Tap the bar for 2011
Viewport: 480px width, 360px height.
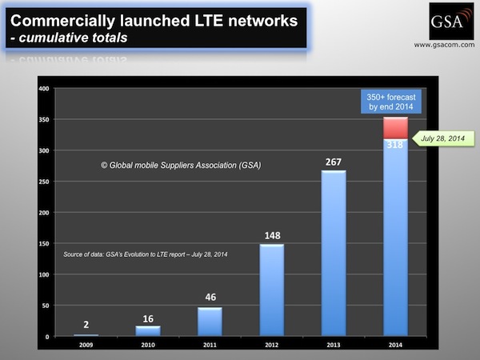(210, 321)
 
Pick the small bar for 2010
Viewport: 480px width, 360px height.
(148, 330)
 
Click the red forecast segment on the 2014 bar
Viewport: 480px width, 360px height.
(395, 128)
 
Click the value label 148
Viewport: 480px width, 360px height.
(271, 234)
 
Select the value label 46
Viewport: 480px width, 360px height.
(210, 298)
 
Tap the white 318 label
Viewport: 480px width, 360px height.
(395, 146)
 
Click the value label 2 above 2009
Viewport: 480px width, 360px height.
(86, 325)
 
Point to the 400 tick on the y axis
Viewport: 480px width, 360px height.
(43, 88)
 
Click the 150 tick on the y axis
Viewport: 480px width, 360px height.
(43, 243)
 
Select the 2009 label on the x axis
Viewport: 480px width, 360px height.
(86, 346)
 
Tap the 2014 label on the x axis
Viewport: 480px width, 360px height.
(395, 346)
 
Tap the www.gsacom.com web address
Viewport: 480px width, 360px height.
(445, 45)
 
